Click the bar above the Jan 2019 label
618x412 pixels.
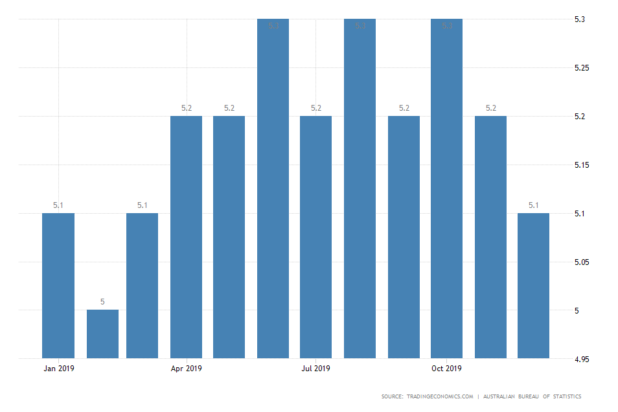(x=58, y=285)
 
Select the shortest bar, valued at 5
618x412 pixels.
(x=102, y=334)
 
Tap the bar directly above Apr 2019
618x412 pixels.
(x=186, y=236)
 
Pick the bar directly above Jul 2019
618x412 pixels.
(x=315, y=236)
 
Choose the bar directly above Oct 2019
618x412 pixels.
(x=446, y=188)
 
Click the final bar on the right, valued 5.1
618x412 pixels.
(x=534, y=285)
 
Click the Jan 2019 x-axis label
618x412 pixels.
(x=58, y=369)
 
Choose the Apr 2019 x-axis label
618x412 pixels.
(x=186, y=369)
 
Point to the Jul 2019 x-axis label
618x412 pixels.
(x=315, y=369)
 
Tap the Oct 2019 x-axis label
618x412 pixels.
(x=446, y=369)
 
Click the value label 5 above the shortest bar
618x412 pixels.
(x=102, y=302)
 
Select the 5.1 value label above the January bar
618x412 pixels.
(x=58, y=205)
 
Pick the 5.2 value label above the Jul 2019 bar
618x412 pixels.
(x=315, y=108)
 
